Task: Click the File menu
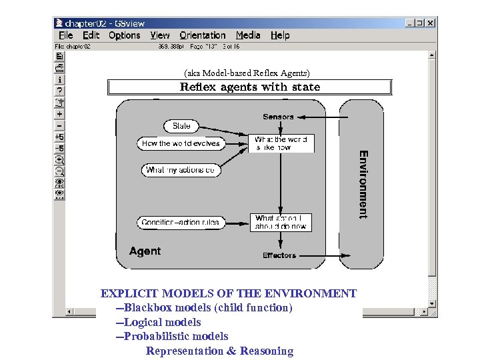[65, 35]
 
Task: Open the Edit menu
[91, 35]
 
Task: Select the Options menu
[124, 35]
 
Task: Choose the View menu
[160, 35]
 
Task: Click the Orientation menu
[203, 35]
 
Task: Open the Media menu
[248, 35]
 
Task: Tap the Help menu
[280, 35]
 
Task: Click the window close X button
[431, 23]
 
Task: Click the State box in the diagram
[181, 126]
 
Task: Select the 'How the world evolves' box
[181, 143]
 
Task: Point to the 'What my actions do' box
[181, 170]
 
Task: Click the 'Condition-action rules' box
[181, 222]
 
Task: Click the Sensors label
[278, 117]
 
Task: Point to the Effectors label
[279, 255]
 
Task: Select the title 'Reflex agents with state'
[250, 87]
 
